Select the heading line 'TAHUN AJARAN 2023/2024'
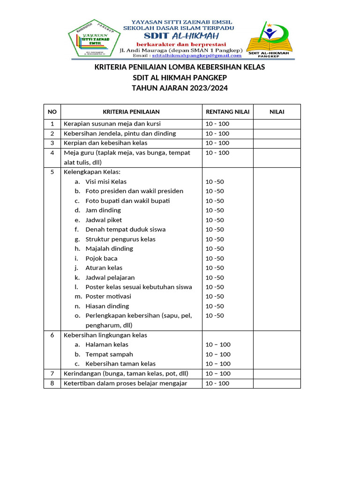(x=180, y=88)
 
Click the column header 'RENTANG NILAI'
(x=228, y=112)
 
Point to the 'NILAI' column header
(x=277, y=112)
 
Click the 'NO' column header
(x=52, y=112)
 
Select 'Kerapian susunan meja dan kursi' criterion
(x=112, y=124)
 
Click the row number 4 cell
(x=52, y=153)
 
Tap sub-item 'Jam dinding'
(x=103, y=210)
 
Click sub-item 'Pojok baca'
(x=101, y=258)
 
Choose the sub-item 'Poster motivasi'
(x=108, y=296)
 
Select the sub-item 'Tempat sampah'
(x=109, y=354)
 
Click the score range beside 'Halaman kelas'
(x=218, y=345)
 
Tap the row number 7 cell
(x=52, y=374)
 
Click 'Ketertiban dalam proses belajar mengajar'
(x=125, y=383)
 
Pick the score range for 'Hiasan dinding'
(x=215, y=306)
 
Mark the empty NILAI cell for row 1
(x=277, y=124)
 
